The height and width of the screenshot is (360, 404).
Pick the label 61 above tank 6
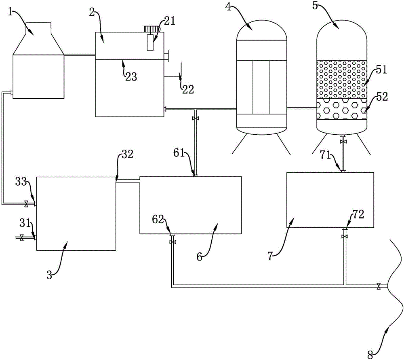180,153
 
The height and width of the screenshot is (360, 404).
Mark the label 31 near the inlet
25,223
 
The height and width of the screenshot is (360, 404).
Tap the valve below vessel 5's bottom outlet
343,142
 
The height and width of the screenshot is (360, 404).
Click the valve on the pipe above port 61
195,119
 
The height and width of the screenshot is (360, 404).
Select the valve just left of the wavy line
378,286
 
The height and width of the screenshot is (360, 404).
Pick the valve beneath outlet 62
173,242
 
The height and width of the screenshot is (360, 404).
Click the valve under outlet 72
345,236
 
